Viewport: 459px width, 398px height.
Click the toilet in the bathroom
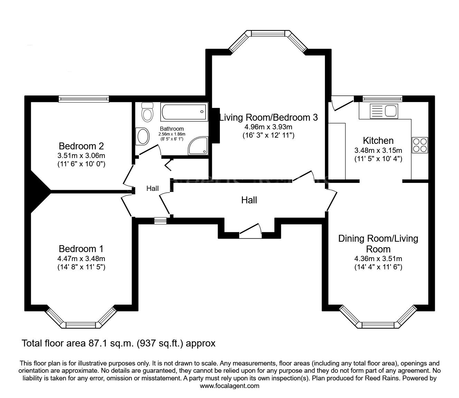point(147,113)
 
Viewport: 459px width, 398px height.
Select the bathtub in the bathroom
point(184,112)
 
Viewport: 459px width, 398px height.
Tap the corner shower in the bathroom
point(199,146)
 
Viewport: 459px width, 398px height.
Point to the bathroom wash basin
point(142,136)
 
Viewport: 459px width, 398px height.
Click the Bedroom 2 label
point(81,146)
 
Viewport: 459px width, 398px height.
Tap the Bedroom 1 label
point(81,249)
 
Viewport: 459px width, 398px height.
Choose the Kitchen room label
point(378,140)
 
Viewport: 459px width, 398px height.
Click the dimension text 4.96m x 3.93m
point(268,127)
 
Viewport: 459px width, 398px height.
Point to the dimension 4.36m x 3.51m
point(378,258)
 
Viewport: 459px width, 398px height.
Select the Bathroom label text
point(172,129)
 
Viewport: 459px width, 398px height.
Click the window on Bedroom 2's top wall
point(84,99)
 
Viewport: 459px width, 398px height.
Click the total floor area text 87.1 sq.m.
point(119,343)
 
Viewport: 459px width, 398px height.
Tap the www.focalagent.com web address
point(230,386)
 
